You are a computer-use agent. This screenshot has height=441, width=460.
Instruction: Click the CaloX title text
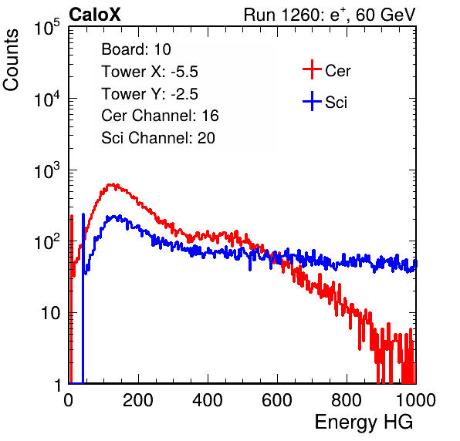click(95, 15)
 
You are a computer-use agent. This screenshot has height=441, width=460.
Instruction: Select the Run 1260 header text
click(330, 15)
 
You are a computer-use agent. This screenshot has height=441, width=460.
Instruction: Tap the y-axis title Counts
click(11, 60)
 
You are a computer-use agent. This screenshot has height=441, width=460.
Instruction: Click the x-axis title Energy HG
click(364, 422)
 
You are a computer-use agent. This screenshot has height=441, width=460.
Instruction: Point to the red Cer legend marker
click(312, 69)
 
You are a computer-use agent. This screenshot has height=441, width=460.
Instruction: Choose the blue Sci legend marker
click(312, 102)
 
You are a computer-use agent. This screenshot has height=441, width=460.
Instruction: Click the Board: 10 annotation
click(136, 49)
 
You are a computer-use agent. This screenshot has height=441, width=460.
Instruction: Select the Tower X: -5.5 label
click(150, 72)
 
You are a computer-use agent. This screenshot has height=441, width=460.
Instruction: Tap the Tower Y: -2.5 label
click(150, 94)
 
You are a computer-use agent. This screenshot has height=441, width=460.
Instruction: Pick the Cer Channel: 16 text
click(160, 116)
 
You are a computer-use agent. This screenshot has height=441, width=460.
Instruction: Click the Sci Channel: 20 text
click(158, 138)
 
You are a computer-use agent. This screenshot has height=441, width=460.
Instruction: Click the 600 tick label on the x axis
click(277, 400)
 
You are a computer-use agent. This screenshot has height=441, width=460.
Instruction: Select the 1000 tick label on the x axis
click(416, 400)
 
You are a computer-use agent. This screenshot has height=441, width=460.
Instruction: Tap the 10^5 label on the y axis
click(47, 28)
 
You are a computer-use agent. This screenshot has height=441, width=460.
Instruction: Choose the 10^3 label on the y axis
click(47, 171)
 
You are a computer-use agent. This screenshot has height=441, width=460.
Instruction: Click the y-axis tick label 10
click(50, 313)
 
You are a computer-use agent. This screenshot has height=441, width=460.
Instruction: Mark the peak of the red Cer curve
click(112, 185)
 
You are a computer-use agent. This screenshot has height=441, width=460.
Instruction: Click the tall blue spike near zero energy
click(83, 298)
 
